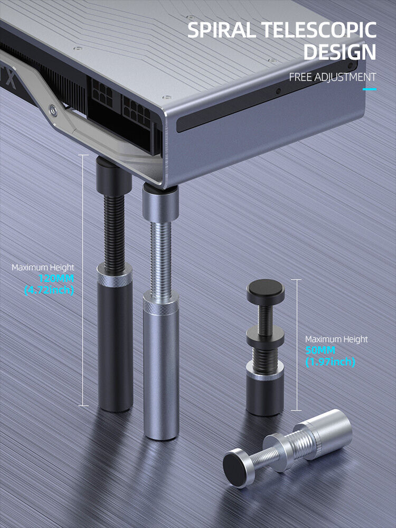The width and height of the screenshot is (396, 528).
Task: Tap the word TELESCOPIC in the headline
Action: coord(318,30)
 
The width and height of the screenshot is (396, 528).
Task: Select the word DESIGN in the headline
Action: coord(340,52)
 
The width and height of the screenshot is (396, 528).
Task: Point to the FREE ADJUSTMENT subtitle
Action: coord(332,77)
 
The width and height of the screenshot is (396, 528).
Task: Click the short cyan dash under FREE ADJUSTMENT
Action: coord(370,89)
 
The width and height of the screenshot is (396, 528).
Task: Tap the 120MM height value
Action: coord(56,278)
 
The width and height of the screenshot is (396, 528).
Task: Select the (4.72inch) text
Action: coord(49,290)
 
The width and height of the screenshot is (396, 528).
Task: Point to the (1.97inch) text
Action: coord(330,362)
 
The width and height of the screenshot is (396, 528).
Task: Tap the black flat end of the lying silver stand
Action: coord(234,468)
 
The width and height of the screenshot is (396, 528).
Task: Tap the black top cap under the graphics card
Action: coord(114,176)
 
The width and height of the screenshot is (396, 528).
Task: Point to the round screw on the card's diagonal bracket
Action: coord(53,109)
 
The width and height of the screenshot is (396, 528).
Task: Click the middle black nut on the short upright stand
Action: coord(266,337)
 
